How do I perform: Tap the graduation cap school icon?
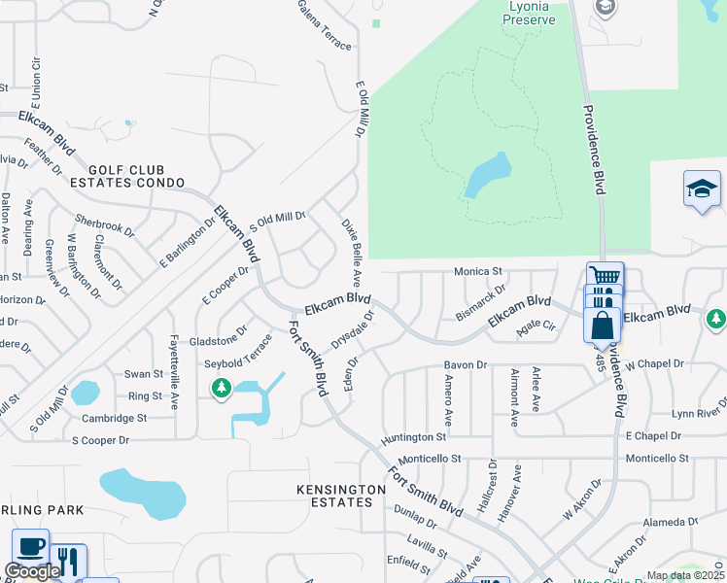(702, 189)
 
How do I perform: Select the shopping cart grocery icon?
(605, 276)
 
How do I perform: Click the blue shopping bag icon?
(602, 326)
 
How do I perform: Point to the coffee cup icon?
(30, 546)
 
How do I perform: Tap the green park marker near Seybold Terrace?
(222, 389)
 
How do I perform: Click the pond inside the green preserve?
(489, 174)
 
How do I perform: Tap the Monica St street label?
(477, 272)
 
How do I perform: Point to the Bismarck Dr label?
(481, 301)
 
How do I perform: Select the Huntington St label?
(413, 438)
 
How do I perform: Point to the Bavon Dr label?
(464, 364)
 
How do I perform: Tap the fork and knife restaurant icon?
(67, 561)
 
